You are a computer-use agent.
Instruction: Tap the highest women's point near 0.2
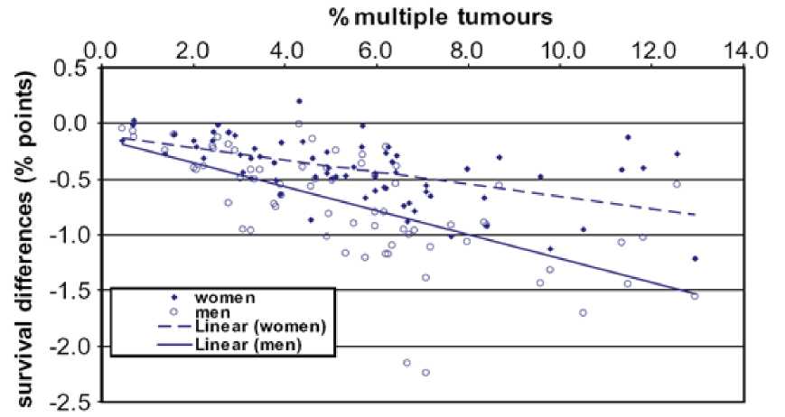[299, 101]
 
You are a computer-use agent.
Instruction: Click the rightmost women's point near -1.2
[695, 259]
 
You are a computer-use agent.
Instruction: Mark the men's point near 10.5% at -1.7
[583, 312]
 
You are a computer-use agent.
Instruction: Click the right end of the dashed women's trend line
[696, 215]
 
